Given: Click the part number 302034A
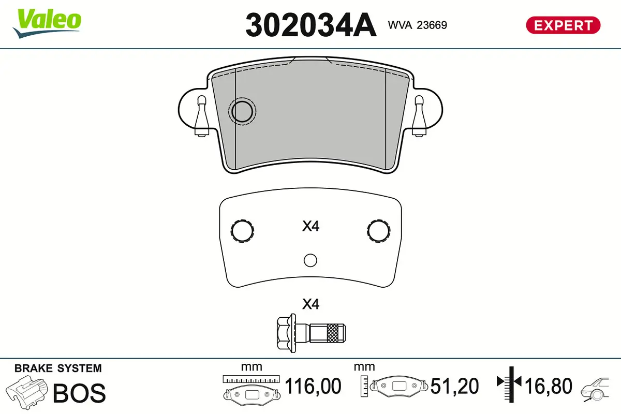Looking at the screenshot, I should pyautogui.click(x=310, y=25).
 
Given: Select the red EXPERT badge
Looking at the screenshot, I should pyautogui.click(x=563, y=25).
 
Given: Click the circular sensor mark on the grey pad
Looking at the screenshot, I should pyautogui.click(x=242, y=111).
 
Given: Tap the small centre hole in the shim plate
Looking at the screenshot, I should pyautogui.click(x=310, y=260).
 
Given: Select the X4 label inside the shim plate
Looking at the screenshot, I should pyautogui.click(x=310, y=226).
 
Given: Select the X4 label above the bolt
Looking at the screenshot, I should pyautogui.click(x=310, y=304).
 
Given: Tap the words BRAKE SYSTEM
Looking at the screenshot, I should pyautogui.click(x=58, y=368).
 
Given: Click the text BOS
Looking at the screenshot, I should pyautogui.click(x=80, y=393).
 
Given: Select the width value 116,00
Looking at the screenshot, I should pyautogui.click(x=313, y=386).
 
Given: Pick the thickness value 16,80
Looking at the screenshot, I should pyautogui.click(x=549, y=386).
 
